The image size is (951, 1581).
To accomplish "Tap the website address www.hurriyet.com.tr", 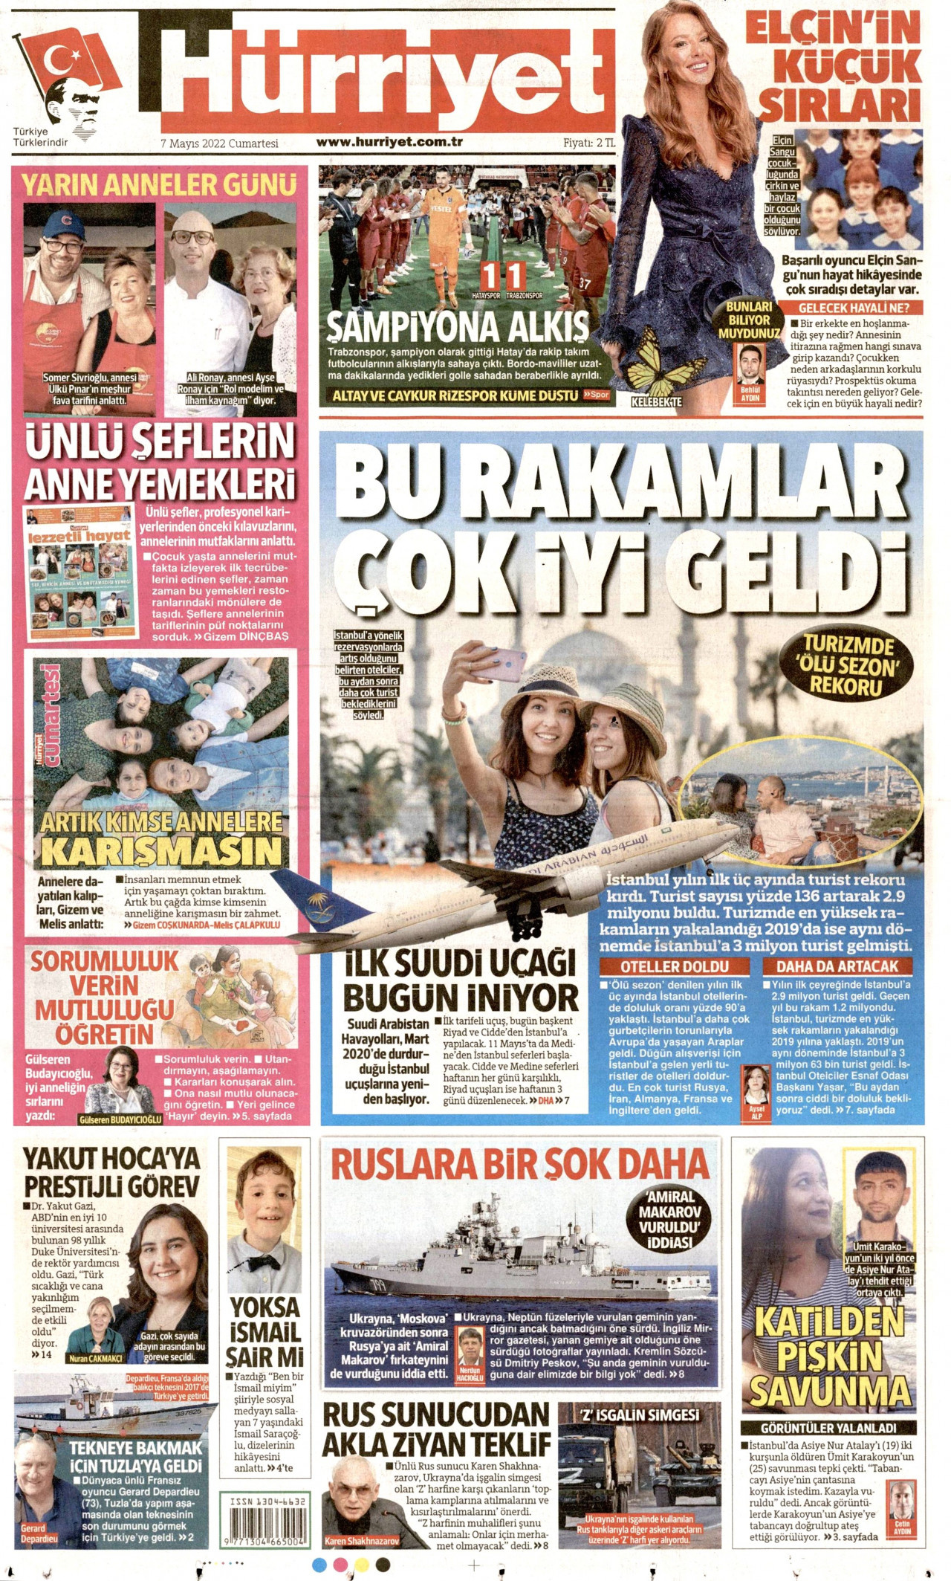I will pyautogui.click(x=389, y=142).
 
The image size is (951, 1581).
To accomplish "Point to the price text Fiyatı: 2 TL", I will pyautogui.click(x=588, y=143).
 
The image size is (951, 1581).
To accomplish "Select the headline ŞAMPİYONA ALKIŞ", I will pyautogui.click(x=458, y=326).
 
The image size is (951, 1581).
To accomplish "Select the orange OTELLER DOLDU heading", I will pyautogui.click(x=675, y=966).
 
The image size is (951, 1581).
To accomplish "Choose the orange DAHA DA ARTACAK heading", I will pyautogui.click(x=837, y=966).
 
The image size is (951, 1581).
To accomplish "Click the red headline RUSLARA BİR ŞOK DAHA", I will pyautogui.click(x=519, y=1164).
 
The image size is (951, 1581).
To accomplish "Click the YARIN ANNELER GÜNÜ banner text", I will pyautogui.click(x=158, y=184).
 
